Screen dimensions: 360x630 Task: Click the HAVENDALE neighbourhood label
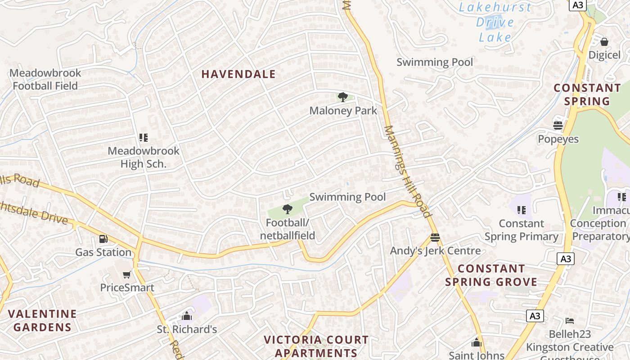pos(238,74)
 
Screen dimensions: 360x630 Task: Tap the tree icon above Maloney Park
pos(342,97)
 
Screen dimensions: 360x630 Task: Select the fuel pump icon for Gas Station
pos(103,239)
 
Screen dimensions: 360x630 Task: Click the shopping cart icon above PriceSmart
pos(127,274)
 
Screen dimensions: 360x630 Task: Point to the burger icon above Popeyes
pos(558,126)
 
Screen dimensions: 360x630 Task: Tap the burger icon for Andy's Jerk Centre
pos(435,237)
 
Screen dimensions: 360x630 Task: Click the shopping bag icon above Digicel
pos(604,42)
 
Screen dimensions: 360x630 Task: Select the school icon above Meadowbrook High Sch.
pos(144,137)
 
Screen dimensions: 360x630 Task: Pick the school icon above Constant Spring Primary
pos(522,210)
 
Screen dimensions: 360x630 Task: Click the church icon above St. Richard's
pos(187,316)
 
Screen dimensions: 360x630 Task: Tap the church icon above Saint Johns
pos(477,343)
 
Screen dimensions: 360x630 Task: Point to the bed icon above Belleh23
pos(570,321)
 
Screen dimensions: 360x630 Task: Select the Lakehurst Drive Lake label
pos(495,22)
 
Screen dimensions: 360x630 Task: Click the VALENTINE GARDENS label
pos(42,320)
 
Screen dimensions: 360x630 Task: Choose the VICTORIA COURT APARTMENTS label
pos(316,346)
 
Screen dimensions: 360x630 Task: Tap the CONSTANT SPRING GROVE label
pos(491,275)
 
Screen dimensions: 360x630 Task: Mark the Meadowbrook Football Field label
pos(45,79)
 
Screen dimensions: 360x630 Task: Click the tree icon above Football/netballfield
pos(287,209)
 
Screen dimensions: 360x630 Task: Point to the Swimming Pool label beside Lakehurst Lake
pos(435,62)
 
